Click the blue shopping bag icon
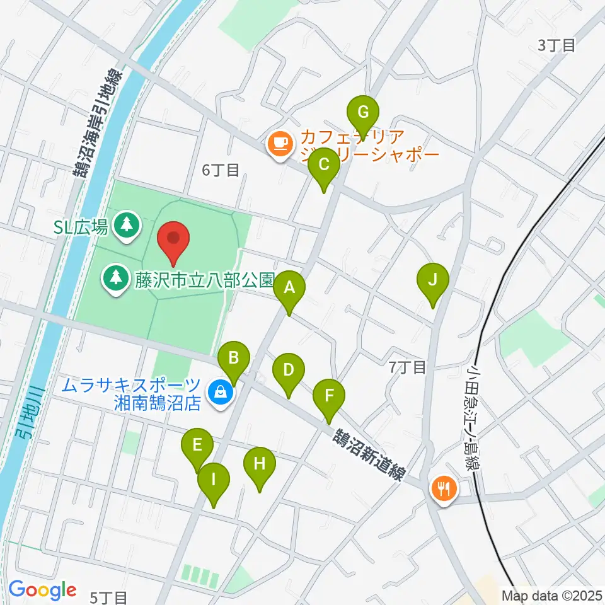pyautogui.click(x=221, y=393)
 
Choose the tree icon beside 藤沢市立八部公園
pyautogui.click(x=115, y=278)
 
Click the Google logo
pyautogui.click(x=42, y=590)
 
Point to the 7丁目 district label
pyautogui.click(x=408, y=367)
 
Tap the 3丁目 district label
pyautogui.click(x=556, y=45)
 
